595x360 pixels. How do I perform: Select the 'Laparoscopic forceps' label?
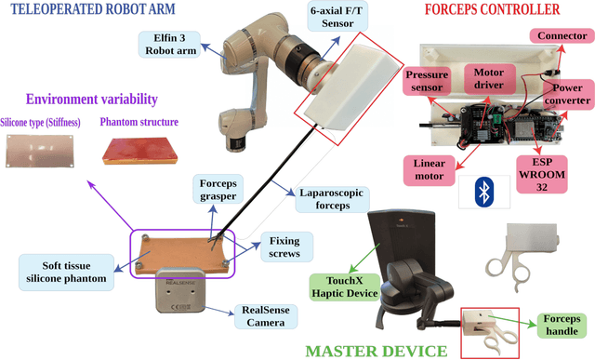(x=332, y=198)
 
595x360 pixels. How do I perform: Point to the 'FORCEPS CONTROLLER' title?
(x=491, y=10)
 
